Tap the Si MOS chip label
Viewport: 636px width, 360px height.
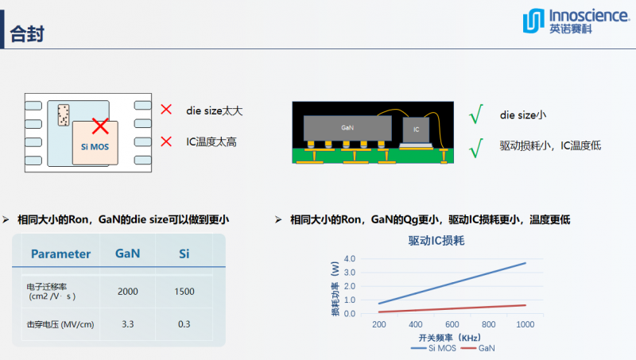[x=95, y=147]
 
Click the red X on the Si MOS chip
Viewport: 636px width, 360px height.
[x=100, y=126]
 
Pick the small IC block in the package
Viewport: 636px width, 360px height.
[x=415, y=127]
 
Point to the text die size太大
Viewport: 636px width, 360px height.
[x=215, y=110]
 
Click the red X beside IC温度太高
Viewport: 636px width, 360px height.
[x=166, y=141]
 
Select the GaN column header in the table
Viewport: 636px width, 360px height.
[x=128, y=254]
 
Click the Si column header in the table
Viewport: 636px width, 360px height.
[x=184, y=254]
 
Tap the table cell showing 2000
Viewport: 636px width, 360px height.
[x=128, y=292]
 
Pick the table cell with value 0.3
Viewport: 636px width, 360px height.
[x=184, y=324]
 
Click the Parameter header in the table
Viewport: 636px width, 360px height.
[x=60, y=254]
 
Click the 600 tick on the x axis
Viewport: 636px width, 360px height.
[x=452, y=324]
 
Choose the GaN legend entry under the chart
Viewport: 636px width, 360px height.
[x=480, y=348]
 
